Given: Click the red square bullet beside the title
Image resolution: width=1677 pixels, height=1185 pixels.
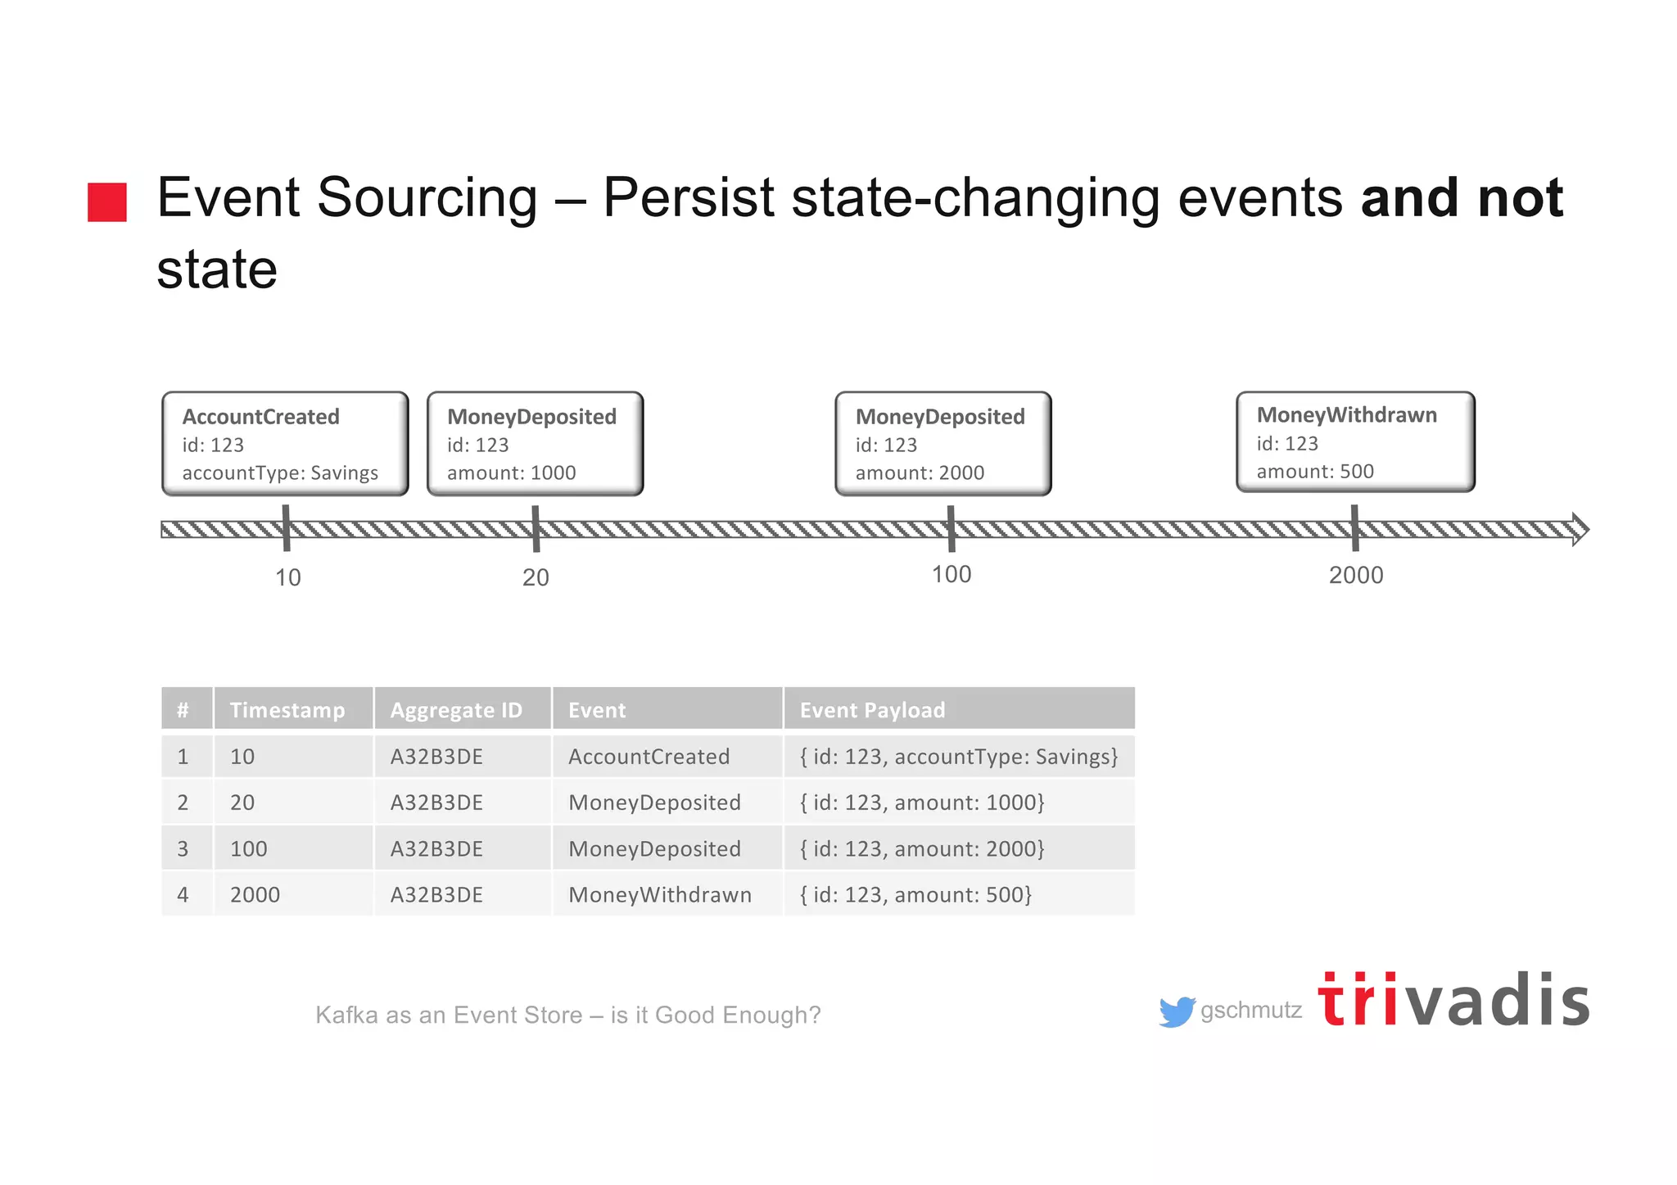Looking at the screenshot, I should [x=107, y=202].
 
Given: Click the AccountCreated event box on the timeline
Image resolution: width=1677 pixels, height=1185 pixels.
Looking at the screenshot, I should [x=285, y=444].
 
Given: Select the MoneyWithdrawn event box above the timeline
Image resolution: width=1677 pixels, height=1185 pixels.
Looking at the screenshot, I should [x=1355, y=442].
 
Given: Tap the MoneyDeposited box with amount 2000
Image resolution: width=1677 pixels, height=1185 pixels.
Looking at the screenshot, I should [x=942, y=444].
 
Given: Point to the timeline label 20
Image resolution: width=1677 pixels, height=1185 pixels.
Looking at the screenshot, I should [x=536, y=577].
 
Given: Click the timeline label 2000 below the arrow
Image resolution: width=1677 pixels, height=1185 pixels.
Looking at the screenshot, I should [x=1356, y=575].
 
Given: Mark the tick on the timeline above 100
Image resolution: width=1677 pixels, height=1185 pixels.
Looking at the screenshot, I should [x=951, y=528].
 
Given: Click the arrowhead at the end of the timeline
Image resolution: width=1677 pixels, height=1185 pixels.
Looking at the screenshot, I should [x=1580, y=530].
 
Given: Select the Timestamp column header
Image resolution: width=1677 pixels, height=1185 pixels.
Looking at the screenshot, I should [x=287, y=709].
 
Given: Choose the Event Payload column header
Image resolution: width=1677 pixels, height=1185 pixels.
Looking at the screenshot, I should [x=872, y=709].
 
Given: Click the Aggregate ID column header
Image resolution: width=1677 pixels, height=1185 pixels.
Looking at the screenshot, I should [x=456, y=709].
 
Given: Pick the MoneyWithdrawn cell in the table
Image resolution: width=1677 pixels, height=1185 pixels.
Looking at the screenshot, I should [x=660, y=894].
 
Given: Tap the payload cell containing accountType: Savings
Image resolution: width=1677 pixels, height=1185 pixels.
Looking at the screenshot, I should [x=958, y=756].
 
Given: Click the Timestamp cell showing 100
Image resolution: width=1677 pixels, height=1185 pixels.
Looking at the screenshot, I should [x=249, y=848].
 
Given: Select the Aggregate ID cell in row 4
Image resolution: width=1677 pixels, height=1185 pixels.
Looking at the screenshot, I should [x=436, y=894].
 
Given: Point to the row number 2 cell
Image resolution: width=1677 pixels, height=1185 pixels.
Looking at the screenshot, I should [x=183, y=803].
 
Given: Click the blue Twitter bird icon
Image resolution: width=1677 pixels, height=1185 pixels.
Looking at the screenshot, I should [x=1176, y=1011].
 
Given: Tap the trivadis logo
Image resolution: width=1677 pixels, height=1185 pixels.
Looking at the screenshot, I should [x=1453, y=1001].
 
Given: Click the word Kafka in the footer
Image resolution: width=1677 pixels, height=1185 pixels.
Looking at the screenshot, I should [x=346, y=1015].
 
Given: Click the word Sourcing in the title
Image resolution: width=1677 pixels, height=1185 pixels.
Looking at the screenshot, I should [x=427, y=198].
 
